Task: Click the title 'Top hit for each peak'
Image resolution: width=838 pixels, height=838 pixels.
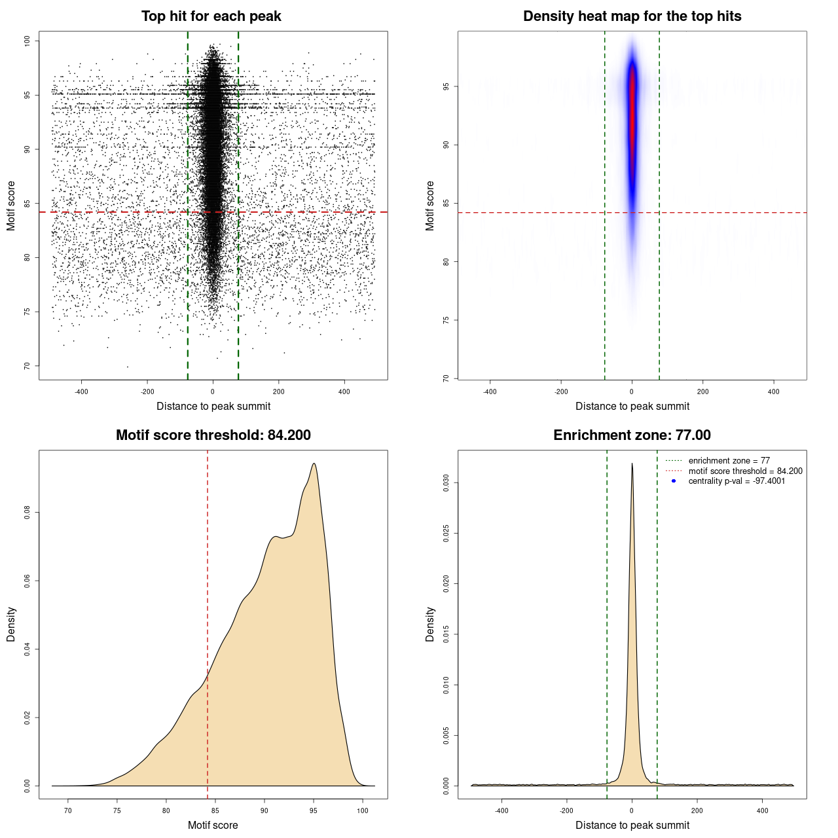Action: pyautogui.click(x=211, y=16)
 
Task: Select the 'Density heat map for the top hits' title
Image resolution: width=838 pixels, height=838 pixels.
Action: pyautogui.click(x=632, y=16)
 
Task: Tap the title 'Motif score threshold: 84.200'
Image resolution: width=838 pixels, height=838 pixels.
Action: pyautogui.click(x=213, y=435)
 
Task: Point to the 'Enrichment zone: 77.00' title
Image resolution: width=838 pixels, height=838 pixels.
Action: pyautogui.click(x=632, y=435)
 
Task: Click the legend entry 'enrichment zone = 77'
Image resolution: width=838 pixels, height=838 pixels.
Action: pyautogui.click(x=729, y=461)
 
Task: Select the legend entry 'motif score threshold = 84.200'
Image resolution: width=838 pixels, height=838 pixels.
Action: pyautogui.click(x=745, y=471)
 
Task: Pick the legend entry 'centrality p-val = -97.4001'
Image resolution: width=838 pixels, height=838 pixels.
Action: pyautogui.click(x=737, y=481)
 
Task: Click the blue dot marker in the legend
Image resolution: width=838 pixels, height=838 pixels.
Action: pyautogui.click(x=674, y=481)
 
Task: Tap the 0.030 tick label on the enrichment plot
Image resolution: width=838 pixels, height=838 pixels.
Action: pyautogui.click(x=446, y=483)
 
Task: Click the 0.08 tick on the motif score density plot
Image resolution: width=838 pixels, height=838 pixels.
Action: pyautogui.click(x=27, y=512)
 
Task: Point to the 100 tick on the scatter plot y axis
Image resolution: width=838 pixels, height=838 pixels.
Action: pyautogui.click(x=27, y=41)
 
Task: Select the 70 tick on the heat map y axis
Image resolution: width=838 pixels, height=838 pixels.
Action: pyautogui.click(x=446, y=378)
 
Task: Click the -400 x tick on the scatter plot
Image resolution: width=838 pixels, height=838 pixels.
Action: pyautogui.click(x=81, y=392)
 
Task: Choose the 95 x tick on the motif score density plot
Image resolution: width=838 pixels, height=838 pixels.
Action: pyautogui.click(x=314, y=811)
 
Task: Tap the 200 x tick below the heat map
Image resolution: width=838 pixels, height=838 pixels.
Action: pyautogui.click(x=702, y=392)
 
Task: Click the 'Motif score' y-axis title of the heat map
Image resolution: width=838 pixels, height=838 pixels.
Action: pyautogui.click(x=430, y=206)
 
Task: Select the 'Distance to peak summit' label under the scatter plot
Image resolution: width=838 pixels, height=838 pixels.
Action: pyautogui.click(x=213, y=407)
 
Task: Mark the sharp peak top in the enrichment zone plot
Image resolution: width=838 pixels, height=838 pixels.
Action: pyautogui.click(x=632, y=464)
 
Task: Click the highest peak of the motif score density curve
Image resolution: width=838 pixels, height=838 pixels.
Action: pyautogui.click(x=314, y=464)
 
